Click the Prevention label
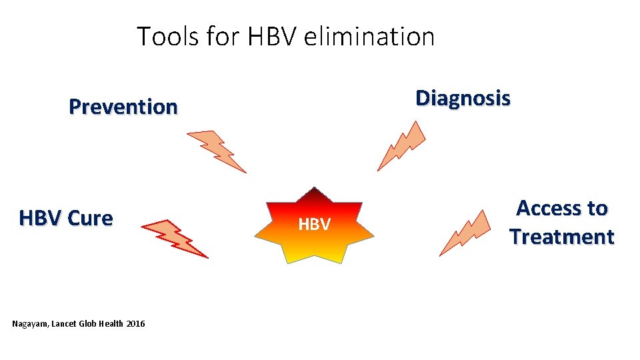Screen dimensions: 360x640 (123, 107)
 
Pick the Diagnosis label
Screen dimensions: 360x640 (463, 98)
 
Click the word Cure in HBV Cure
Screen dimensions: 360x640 (90, 218)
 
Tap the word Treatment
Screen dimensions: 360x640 (561, 237)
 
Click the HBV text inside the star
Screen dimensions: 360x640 (314, 225)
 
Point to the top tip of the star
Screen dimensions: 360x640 (315, 189)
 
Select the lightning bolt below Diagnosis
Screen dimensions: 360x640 (401, 146)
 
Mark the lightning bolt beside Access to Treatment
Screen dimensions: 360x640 (465, 233)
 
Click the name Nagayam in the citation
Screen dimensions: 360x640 (30, 323)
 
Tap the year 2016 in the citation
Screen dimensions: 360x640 (135, 323)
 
